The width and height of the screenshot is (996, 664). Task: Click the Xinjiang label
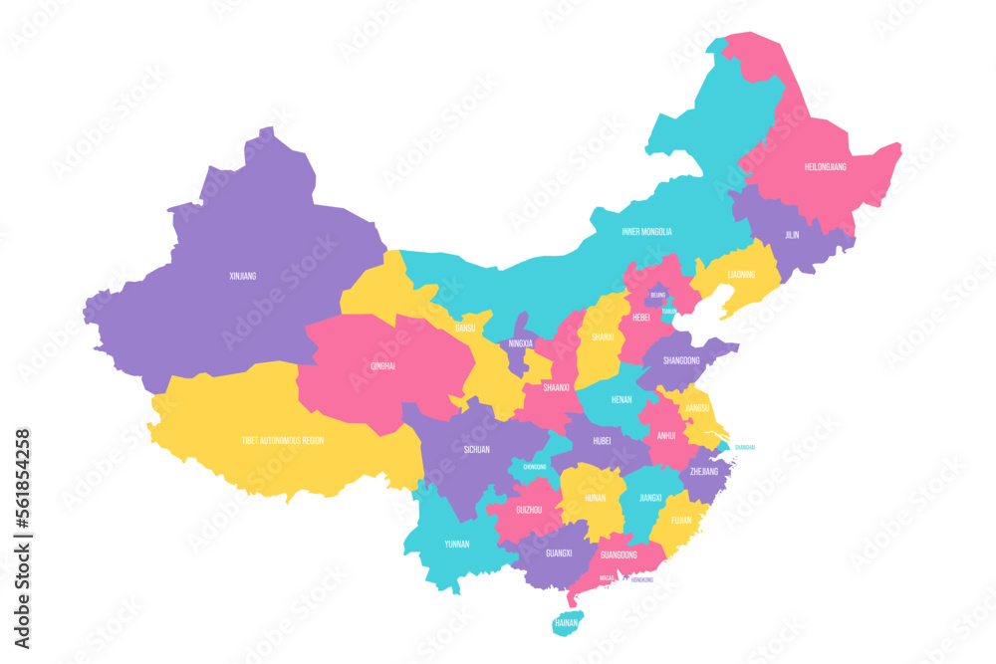click(x=242, y=276)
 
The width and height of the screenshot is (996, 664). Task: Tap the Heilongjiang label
click(x=825, y=167)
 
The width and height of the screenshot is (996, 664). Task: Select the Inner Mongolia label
click(x=646, y=232)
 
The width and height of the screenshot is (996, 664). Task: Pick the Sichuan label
click(x=476, y=450)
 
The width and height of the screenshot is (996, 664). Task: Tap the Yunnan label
click(x=456, y=545)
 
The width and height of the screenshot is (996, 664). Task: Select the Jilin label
click(x=792, y=236)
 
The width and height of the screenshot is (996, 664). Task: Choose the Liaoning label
click(x=741, y=274)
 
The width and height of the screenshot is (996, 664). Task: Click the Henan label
click(x=622, y=399)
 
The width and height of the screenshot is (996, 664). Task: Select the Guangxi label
click(x=559, y=553)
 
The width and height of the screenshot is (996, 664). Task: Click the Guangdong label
click(x=618, y=554)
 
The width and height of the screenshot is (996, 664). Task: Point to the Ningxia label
click(x=520, y=343)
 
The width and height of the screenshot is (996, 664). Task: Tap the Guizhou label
click(x=528, y=509)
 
